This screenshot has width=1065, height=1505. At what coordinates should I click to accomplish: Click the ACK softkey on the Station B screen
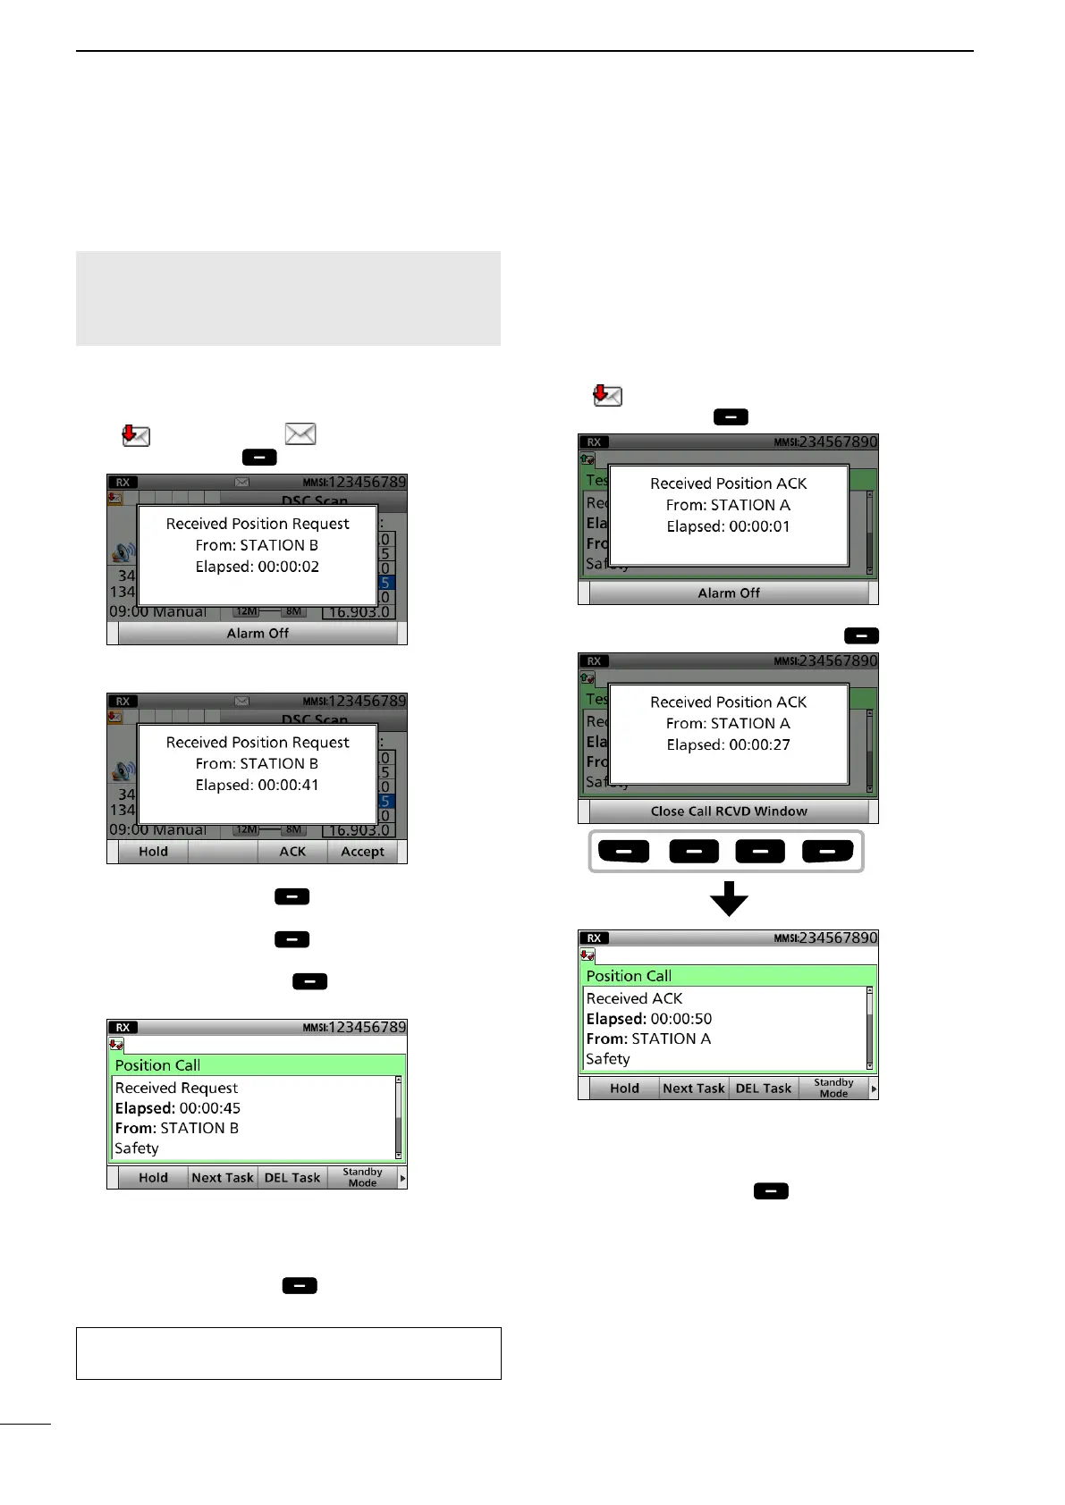click(x=292, y=852)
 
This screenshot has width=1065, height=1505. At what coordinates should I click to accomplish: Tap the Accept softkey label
click(x=362, y=852)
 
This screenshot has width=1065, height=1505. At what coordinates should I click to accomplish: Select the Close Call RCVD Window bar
click(x=728, y=811)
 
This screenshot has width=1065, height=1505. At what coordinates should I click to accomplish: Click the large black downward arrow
click(x=729, y=898)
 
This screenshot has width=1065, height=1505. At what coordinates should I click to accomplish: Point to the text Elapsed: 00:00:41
click(x=257, y=785)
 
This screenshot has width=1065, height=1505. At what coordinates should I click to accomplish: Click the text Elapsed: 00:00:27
click(x=728, y=744)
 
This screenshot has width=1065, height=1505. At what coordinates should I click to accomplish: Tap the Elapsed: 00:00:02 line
click(x=257, y=567)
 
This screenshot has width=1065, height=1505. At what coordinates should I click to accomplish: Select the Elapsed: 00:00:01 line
click(x=728, y=526)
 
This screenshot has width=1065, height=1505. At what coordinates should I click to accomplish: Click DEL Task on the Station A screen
click(x=763, y=1089)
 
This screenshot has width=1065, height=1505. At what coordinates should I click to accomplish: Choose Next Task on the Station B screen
click(x=223, y=1178)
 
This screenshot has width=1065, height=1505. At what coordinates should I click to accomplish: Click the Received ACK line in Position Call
click(x=634, y=998)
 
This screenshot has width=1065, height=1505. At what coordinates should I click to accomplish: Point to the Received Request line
click(x=176, y=1088)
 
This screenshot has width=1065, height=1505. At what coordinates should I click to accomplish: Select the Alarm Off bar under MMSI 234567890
click(x=728, y=593)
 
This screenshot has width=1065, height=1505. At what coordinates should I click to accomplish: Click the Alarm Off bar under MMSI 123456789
click(x=258, y=634)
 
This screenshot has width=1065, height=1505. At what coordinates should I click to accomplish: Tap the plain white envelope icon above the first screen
click(x=300, y=434)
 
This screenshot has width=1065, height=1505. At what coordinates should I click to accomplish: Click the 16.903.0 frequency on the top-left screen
click(x=359, y=612)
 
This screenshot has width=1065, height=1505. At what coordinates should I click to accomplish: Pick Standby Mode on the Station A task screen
click(x=833, y=1089)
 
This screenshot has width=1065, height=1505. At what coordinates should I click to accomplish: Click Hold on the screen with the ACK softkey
click(x=153, y=852)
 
